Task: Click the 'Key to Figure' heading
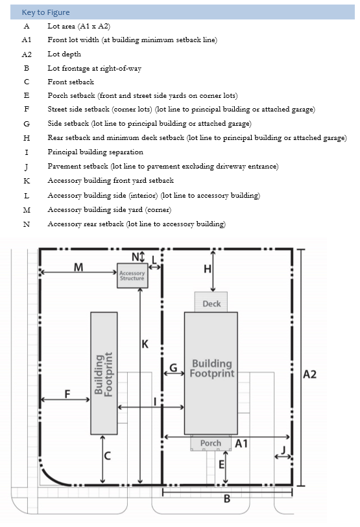(46, 12)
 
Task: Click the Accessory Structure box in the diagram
(132, 275)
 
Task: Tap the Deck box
(211, 302)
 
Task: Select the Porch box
(211, 443)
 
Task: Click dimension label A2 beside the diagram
(309, 374)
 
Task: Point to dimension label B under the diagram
(227, 498)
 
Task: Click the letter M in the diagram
(78, 267)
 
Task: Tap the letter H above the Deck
(208, 269)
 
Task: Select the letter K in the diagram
(145, 344)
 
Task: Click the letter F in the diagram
(67, 394)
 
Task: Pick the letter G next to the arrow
(173, 368)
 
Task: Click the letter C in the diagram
(107, 456)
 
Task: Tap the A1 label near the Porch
(241, 443)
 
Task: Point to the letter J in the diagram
(283, 450)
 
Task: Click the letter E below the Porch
(221, 465)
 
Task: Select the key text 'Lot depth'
(64, 54)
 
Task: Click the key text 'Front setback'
(71, 82)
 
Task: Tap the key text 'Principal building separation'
(95, 152)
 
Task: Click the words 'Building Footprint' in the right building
(212, 368)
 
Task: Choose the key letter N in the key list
(27, 224)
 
